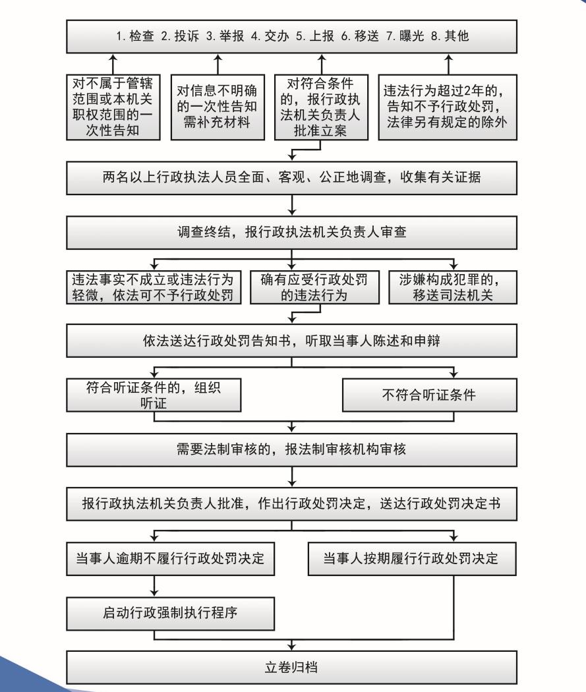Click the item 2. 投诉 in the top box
179,36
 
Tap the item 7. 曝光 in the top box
405,36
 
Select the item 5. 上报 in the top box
314,36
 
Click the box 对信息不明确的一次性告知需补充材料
218,107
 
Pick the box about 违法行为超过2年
448,107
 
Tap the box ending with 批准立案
321,107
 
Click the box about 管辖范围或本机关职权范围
113,107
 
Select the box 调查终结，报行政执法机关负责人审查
291,233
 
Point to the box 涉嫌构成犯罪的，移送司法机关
453,287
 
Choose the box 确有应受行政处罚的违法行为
314,287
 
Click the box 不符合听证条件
429,395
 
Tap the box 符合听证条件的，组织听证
154,395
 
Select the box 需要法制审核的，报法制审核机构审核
291,449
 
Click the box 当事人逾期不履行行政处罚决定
170,559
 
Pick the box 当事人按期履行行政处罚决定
412,559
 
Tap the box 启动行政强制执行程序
170,614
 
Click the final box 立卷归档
291,668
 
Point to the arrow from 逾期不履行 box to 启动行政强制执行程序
154,586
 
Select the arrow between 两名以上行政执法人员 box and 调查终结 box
291,205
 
